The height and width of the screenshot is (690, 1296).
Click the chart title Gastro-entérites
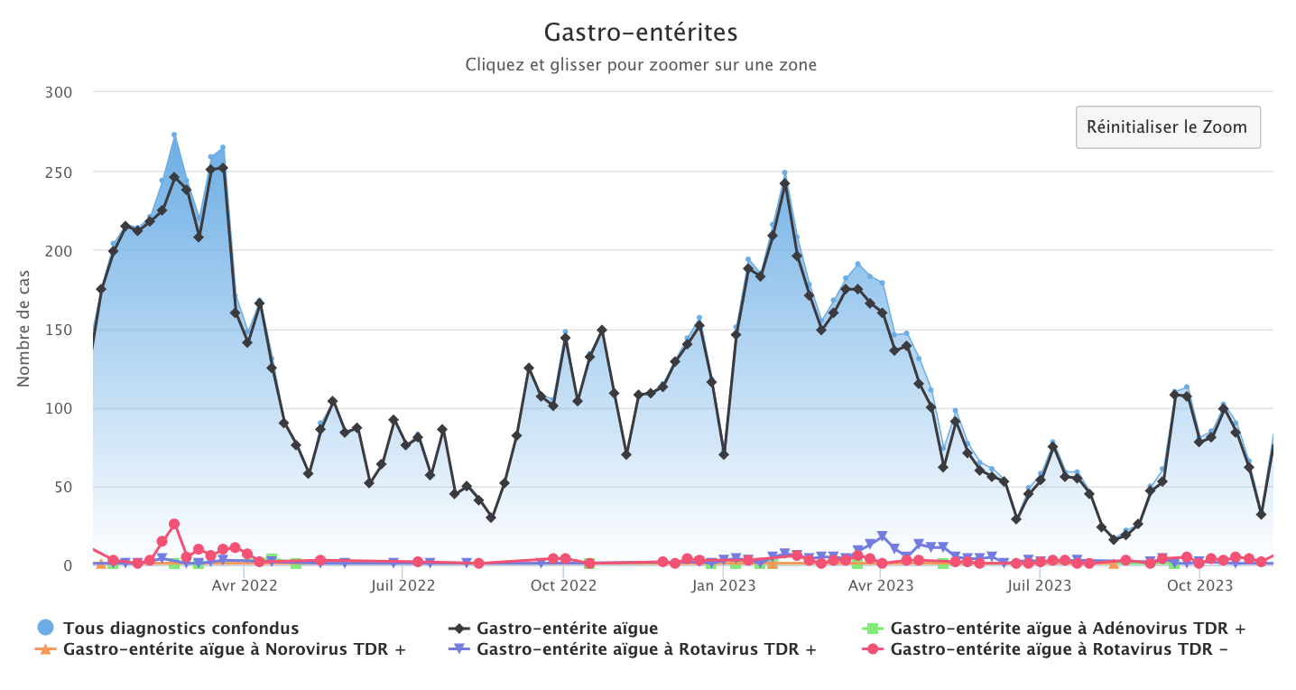coord(641,33)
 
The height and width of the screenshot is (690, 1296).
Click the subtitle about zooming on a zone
coord(641,65)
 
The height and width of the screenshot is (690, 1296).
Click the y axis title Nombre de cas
coord(24,329)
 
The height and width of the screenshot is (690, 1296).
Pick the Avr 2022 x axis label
coord(245,586)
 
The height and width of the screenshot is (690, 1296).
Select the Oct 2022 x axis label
coord(563,586)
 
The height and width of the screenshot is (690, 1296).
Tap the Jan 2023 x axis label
coord(723,586)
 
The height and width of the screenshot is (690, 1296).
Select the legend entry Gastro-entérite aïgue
coord(567,628)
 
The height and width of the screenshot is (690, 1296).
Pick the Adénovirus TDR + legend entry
coord(1068,628)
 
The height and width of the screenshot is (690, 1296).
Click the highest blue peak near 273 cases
coord(174,135)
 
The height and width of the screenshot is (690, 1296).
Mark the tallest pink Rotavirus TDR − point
coord(174,524)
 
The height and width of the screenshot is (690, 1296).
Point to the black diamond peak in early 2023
coord(785,183)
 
